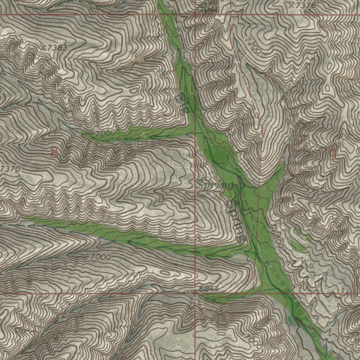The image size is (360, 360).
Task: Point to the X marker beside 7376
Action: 291,5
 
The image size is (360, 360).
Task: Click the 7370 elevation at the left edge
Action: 11,169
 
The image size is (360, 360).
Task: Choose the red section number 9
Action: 332,155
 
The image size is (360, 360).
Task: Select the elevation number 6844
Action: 209,289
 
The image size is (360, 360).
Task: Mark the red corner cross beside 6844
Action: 195,293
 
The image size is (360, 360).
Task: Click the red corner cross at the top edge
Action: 196,15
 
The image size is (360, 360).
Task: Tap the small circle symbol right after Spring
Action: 237,187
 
